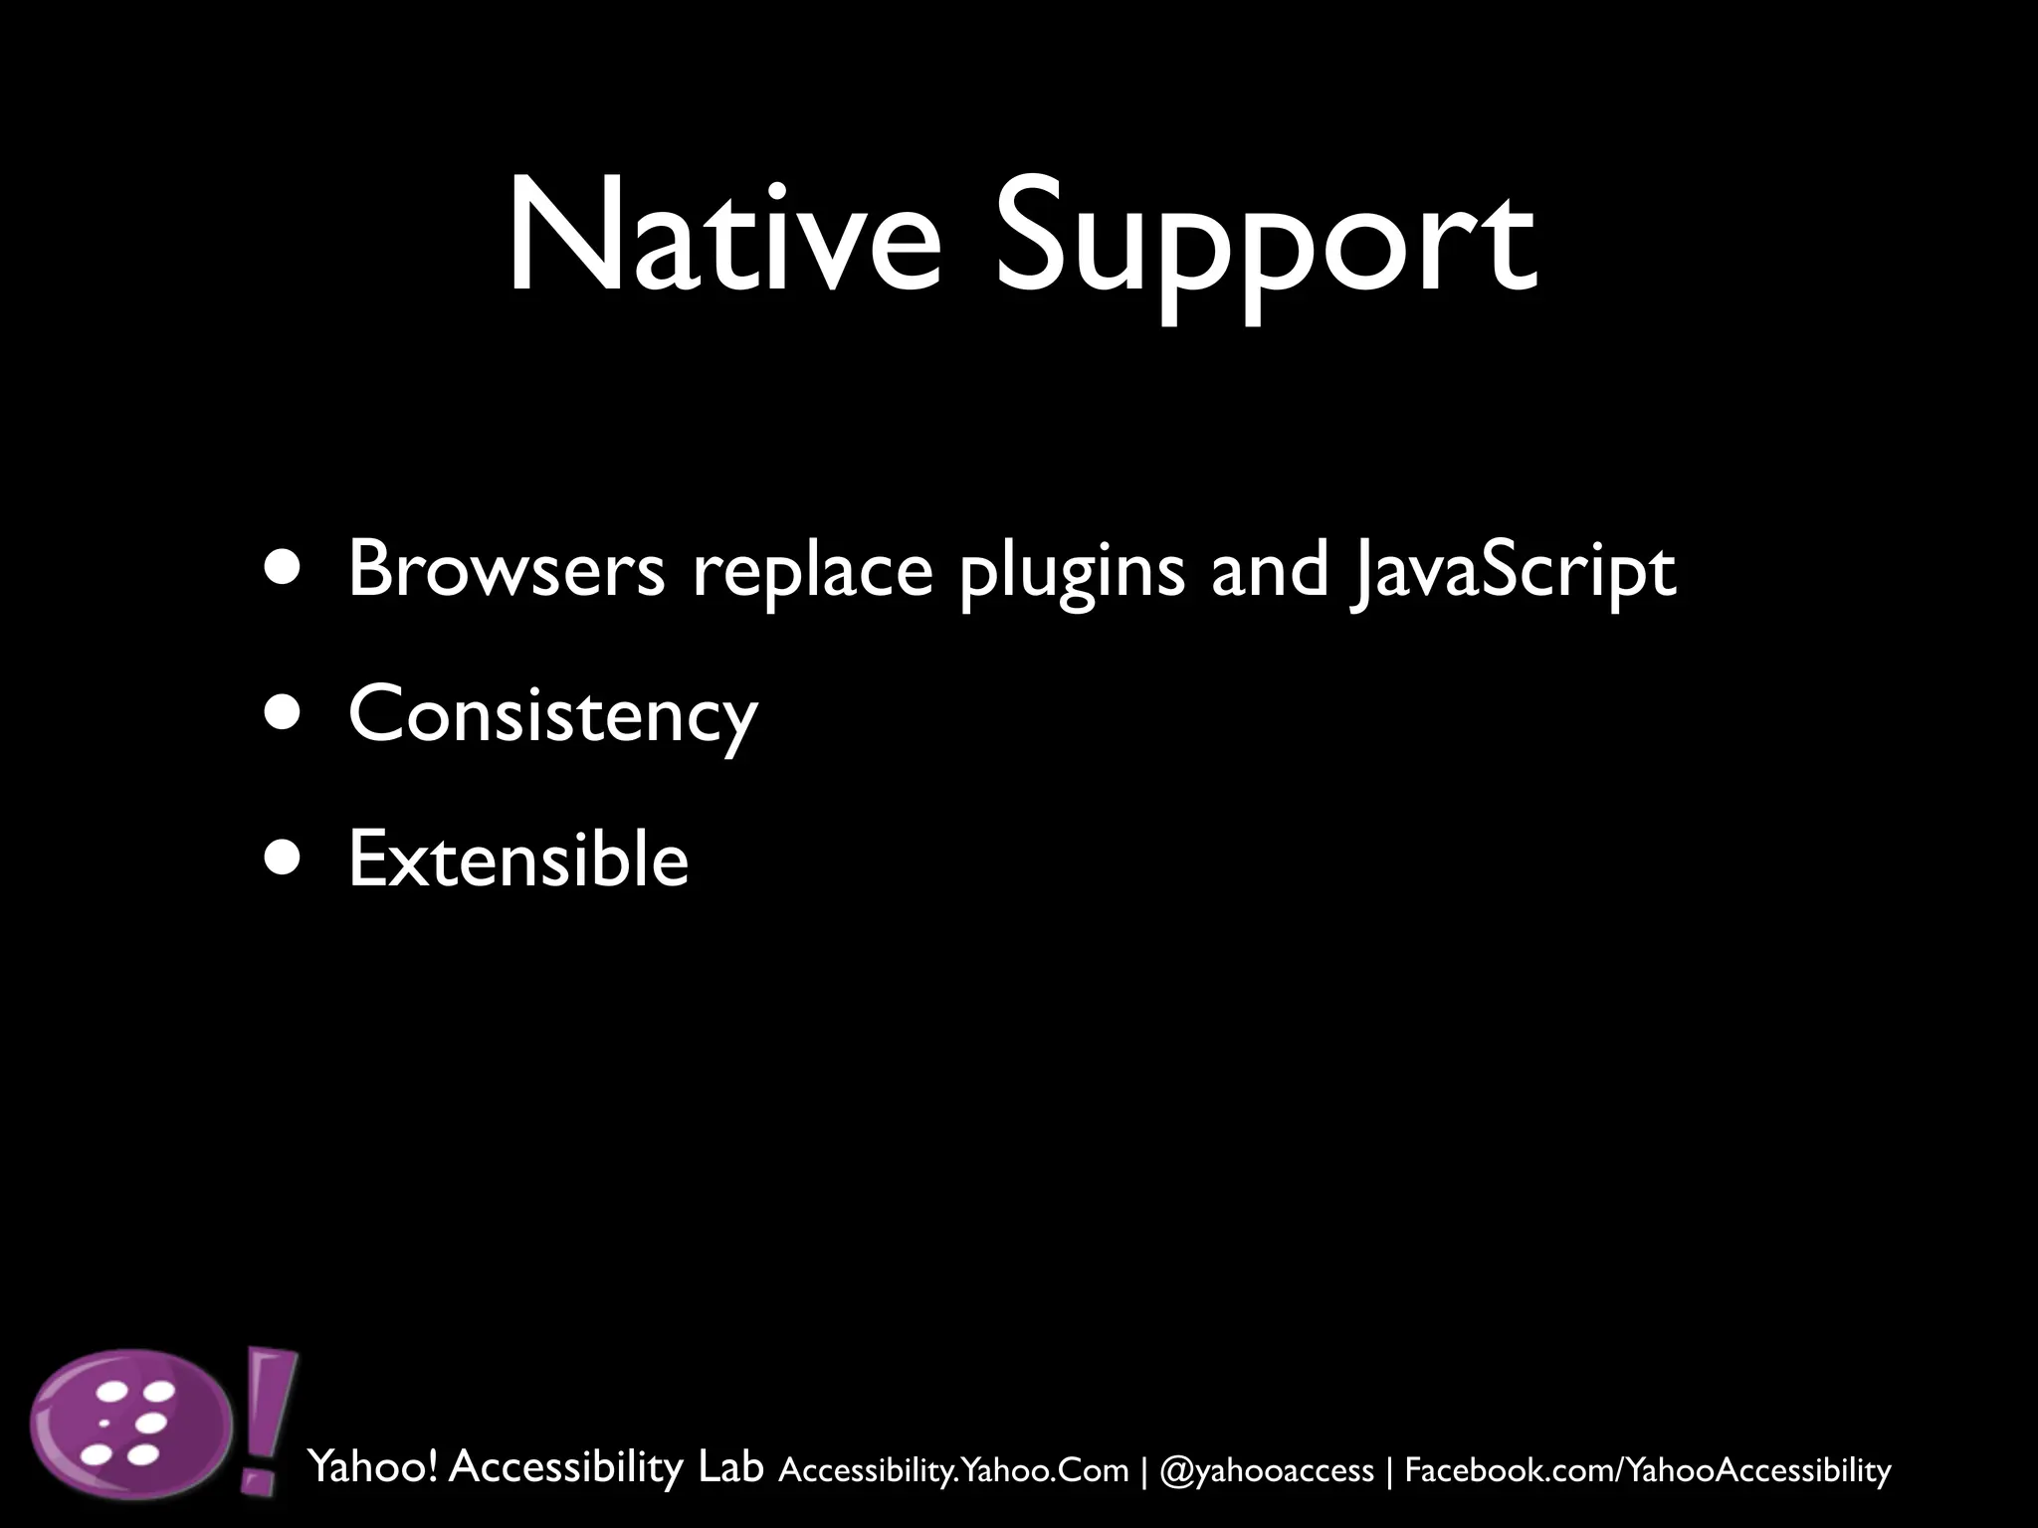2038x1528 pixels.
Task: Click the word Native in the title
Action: tap(723, 238)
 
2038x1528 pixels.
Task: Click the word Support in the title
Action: tap(1265, 244)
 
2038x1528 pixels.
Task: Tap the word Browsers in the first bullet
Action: tap(506, 569)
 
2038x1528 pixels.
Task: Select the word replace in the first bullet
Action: tap(812, 573)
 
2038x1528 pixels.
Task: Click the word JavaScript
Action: tap(1513, 573)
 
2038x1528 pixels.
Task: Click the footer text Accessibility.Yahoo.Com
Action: tap(953, 1470)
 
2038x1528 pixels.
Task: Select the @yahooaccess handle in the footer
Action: tap(1266, 1470)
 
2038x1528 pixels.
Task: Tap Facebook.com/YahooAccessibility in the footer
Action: tap(1647, 1470)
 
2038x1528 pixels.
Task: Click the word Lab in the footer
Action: tap(730, 1466)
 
